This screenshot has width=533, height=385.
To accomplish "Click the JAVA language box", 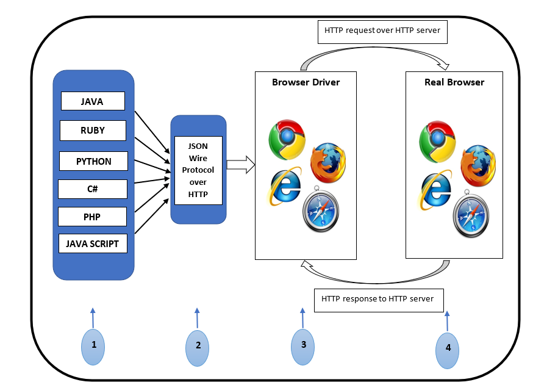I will click(93, 101).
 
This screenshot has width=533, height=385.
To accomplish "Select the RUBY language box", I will click(93, 130).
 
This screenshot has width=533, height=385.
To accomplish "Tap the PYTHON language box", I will click(93, 161).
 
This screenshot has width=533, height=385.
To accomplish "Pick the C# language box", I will click(92, 189).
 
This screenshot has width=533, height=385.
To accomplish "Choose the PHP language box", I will click(92, 217).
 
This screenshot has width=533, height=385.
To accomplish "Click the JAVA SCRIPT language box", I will click(93, 243).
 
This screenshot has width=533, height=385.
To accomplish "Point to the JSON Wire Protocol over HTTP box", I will click(198, 170).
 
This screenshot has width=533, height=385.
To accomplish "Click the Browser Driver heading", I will click(306, 82).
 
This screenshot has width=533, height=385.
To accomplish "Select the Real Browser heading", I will click(454, 82).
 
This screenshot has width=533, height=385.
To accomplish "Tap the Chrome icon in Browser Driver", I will click(287, 139).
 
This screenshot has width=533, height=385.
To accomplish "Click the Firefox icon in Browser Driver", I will click(328, 163).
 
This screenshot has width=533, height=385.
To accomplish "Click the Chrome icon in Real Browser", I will click(437, 139).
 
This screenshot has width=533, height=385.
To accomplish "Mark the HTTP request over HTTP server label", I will click(382, 30).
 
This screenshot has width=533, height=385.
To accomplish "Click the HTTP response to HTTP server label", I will click(378, 299).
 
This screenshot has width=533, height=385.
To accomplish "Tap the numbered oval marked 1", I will click(93, 345).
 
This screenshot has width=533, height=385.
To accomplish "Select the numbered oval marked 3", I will click(303, 345).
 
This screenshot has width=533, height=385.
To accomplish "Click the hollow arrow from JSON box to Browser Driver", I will click(240, 164).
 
